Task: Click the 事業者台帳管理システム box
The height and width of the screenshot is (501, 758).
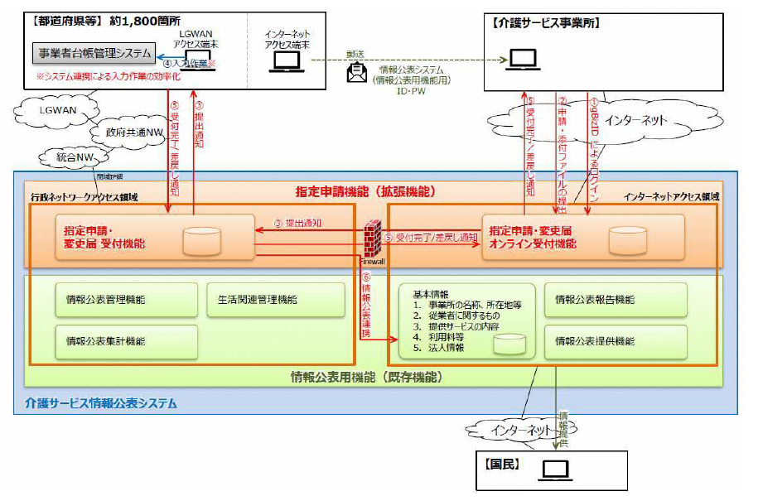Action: click(93, 53)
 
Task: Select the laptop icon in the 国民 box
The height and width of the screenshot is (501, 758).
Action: click(555, 470)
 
